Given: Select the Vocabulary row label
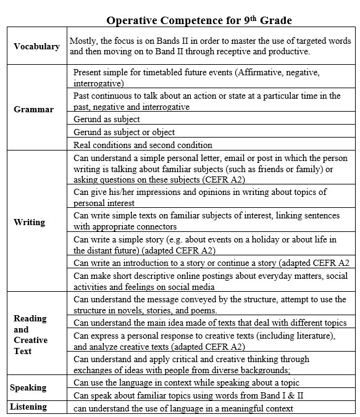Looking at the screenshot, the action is (36, 46).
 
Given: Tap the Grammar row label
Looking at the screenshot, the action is (33, 109).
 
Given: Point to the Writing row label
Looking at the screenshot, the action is (29, 222).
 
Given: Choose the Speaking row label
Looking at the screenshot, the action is (28, 387).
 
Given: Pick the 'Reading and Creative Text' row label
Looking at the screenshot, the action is (31, 334).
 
